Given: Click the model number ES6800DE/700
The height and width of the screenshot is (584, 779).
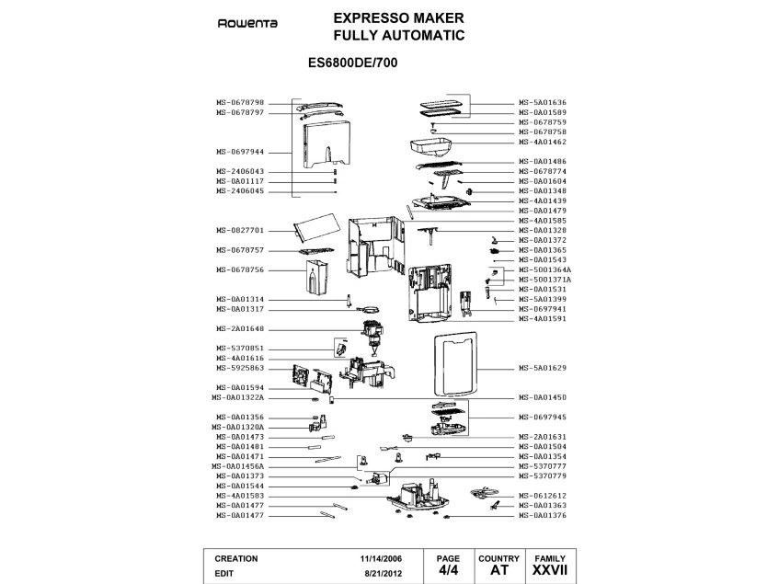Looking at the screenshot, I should [357, 65].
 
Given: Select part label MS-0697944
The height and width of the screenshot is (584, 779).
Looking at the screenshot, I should [240, 152].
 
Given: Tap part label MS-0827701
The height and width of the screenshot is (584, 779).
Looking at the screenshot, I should [240, 230].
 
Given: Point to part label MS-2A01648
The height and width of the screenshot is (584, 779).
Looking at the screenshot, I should [240, 329].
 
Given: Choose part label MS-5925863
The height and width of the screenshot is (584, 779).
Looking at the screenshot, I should [240, 368].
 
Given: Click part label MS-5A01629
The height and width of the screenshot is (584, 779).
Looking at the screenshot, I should [543, 368].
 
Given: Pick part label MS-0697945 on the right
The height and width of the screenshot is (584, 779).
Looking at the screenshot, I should [543, 418].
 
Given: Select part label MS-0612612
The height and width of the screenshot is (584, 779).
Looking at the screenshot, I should [543, 496].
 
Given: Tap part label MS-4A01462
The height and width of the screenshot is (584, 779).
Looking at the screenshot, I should [543, 142].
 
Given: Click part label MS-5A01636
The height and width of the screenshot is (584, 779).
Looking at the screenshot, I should [543, 102].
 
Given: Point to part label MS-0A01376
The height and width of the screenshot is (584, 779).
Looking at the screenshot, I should [543, 516].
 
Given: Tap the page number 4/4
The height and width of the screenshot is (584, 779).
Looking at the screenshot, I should [447, 571].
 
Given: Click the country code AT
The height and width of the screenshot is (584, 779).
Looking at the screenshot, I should [499, 571].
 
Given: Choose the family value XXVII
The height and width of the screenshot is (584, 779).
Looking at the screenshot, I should [550, 571].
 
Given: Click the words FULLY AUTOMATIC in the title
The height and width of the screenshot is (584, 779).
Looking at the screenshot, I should [398, 36].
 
